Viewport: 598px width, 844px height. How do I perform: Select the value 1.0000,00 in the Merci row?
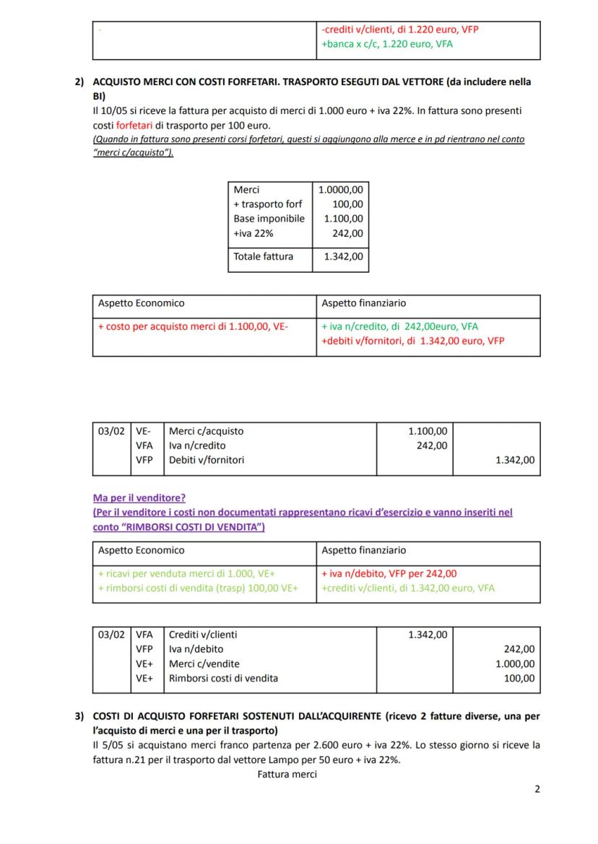point(340,190)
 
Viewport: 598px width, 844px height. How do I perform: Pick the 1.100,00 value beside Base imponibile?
point(344,219)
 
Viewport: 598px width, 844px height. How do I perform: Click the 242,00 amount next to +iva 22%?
point(349,233)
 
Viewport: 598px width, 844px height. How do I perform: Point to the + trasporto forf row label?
point(267,204)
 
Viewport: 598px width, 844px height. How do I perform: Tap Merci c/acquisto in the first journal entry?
point(206,431)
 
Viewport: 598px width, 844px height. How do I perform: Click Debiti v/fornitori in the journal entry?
point(206,460)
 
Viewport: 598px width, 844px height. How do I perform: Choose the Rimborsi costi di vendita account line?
point(223,678)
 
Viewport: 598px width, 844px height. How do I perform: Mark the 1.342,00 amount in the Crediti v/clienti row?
point(428,635)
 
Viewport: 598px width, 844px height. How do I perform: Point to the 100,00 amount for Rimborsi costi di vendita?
point(519,678)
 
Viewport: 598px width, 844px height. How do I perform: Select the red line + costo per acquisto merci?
point(193,326)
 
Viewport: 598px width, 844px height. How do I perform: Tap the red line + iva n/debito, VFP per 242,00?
point(389,574)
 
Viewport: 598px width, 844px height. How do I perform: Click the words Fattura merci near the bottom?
point(287,775)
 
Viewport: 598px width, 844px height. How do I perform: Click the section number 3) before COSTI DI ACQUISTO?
point(79,717)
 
